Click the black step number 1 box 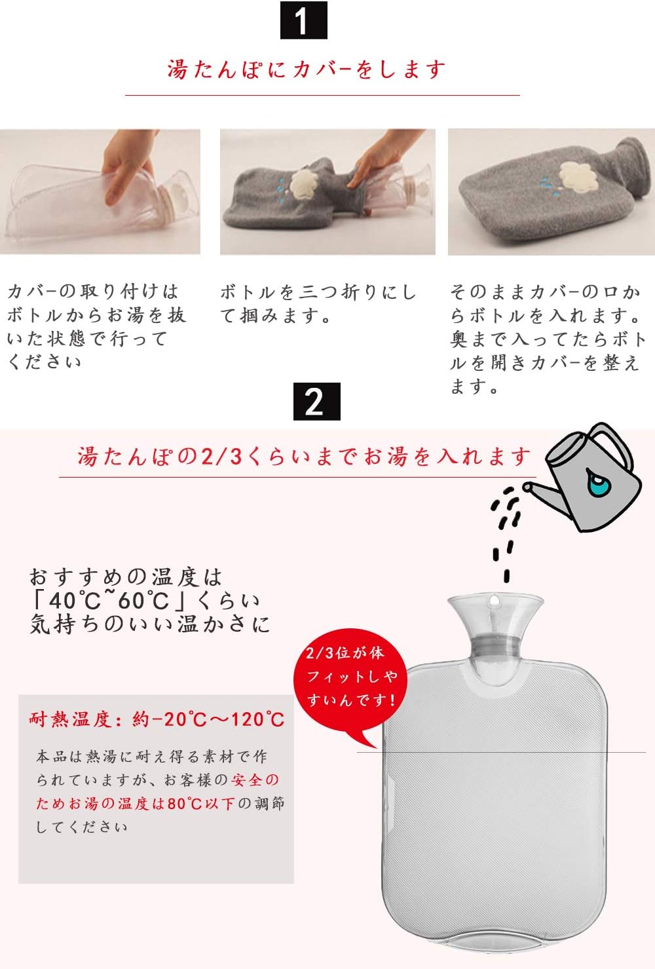(x=303, y=21)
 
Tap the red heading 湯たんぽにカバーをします (x=307, y=69)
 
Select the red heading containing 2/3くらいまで (x=304, y=456)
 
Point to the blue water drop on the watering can (x=597, y=484)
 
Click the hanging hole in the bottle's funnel (x=495, y=600)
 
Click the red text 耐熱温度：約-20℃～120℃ (x=157, y=719)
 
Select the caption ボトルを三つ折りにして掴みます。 (x=318, y=303)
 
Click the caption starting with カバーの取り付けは (x=96, y=326)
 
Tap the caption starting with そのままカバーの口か (x=548, y=339)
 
